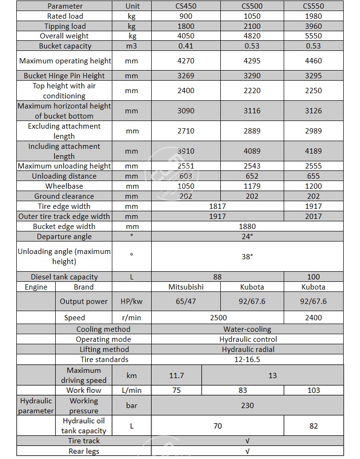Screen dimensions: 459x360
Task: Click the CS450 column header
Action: (186, 6)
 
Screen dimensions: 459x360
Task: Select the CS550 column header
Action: (313, 6)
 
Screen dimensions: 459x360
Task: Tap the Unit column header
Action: (132, 6)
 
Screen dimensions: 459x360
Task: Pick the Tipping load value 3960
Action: (313, 26)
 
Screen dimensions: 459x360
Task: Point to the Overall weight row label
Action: (64, 36)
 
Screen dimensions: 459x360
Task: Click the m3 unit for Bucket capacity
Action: (132, 46)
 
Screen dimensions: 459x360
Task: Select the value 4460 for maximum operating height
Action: (313, 61)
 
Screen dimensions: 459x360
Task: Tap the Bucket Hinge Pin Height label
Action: (64, 76)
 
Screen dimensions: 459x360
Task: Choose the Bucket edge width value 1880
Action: (247, 227)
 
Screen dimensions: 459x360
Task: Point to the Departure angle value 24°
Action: (247, 237)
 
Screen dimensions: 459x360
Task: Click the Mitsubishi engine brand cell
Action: (186, 287)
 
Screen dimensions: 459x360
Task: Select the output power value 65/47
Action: (186, 302)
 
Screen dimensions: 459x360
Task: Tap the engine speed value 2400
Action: (313, 317)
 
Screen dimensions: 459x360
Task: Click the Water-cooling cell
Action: (247, 329)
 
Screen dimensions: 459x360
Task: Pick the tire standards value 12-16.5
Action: (247, 360)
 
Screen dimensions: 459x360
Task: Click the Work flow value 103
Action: (313, 390)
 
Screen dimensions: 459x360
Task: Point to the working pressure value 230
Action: (247, 406)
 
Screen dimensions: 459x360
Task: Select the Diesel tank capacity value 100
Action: (313, 277)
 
